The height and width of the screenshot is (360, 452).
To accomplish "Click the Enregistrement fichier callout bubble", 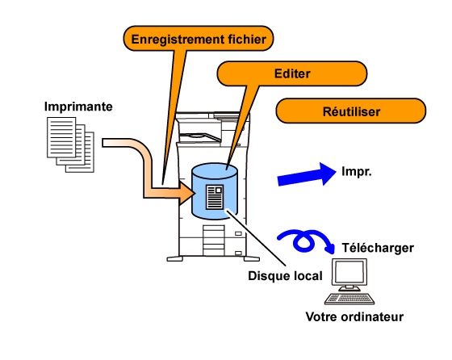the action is pyautogui.click(x=199, y=38).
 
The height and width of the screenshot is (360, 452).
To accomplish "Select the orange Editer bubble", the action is pyautogui.click(x=291, y=73).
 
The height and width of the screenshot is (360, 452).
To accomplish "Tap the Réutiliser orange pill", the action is pyautogui.click(x=351, y=111).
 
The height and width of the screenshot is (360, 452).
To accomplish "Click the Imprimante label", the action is pyautogui.click(x=78, y=107).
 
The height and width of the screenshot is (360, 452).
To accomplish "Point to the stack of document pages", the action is pyautogui.click(x=71, y=144).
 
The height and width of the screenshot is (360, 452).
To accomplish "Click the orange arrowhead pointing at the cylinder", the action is pyautogui.click(x=186, y=193).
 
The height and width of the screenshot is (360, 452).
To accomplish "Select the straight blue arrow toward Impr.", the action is pyautogui.click(x=307, y=174).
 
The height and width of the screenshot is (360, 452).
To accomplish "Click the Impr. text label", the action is pyautogui.click(x=357, y=171).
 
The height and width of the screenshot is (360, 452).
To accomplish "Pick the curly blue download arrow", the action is pyautogui.click(x=306, y=241).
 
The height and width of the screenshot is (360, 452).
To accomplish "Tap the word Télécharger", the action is pyautogui.click(x=378, y=248).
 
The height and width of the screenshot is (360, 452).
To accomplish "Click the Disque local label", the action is pyautogui.click(x=285, y=276).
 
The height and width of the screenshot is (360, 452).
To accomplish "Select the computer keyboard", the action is pyautogui.click(x=349, y=299).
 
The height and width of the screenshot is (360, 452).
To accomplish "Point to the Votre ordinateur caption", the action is pyautogui.click(x=354, y=316).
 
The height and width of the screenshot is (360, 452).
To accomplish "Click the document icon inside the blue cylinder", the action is pyautogui.click(x=215, y=197).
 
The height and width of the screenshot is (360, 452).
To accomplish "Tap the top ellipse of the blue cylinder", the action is pyautogui.click(x=215, y=171).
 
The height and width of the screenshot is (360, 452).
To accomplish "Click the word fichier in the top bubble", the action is pyautogui.click(x=247, y=39).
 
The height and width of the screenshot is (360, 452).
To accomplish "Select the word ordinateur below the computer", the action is pyautogui.click(x=372, y=316).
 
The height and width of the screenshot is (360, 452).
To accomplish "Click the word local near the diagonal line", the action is pyautogui.click(x=308, y=276).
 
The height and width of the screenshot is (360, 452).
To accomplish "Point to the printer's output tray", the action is pyautogui.click(x=200, y=137).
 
